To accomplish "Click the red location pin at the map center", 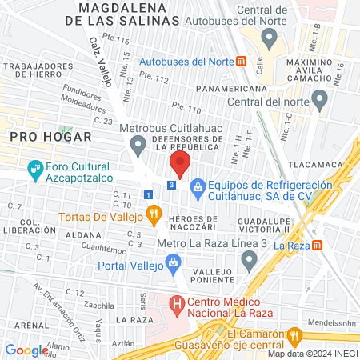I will [179, 165].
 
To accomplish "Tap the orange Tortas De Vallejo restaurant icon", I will [154, 214].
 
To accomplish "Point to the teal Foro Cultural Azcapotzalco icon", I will [34, 169].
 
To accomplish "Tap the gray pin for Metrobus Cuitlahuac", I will [138, 145].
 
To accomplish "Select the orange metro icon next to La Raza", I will [318, 244].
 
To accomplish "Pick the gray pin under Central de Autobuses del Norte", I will [269, 38].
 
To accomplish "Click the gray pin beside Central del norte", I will [320, 100].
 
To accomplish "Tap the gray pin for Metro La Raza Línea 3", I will [250, 258].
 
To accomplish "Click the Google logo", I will [26, 350].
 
